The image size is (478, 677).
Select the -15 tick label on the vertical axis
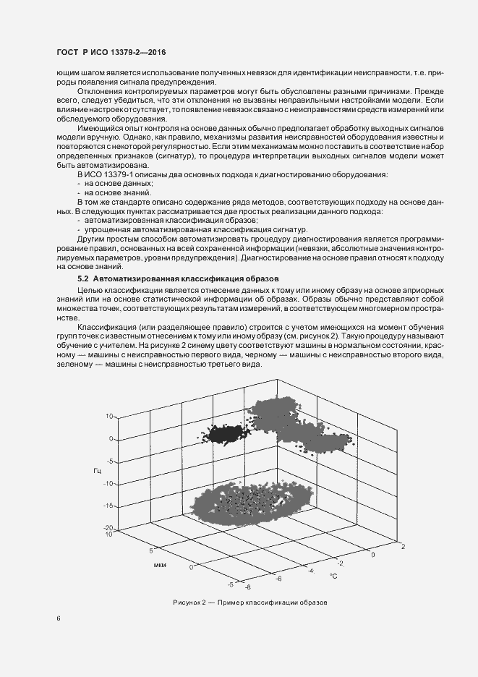coord(110,506)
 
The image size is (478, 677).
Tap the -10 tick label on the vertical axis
coord(110,483)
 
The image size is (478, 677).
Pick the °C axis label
coord(333,576)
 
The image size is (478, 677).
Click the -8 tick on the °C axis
coord(247,589)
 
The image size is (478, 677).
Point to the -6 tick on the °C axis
coord(278,579)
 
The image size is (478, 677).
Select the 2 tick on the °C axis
coord(403,547)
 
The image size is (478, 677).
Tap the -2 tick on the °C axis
coord(341,562)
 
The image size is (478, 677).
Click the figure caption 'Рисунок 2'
coord(189,603)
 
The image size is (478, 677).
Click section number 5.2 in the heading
coord(83,278)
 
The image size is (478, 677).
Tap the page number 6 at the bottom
coord(59,618)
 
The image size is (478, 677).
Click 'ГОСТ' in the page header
coord(68,53)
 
